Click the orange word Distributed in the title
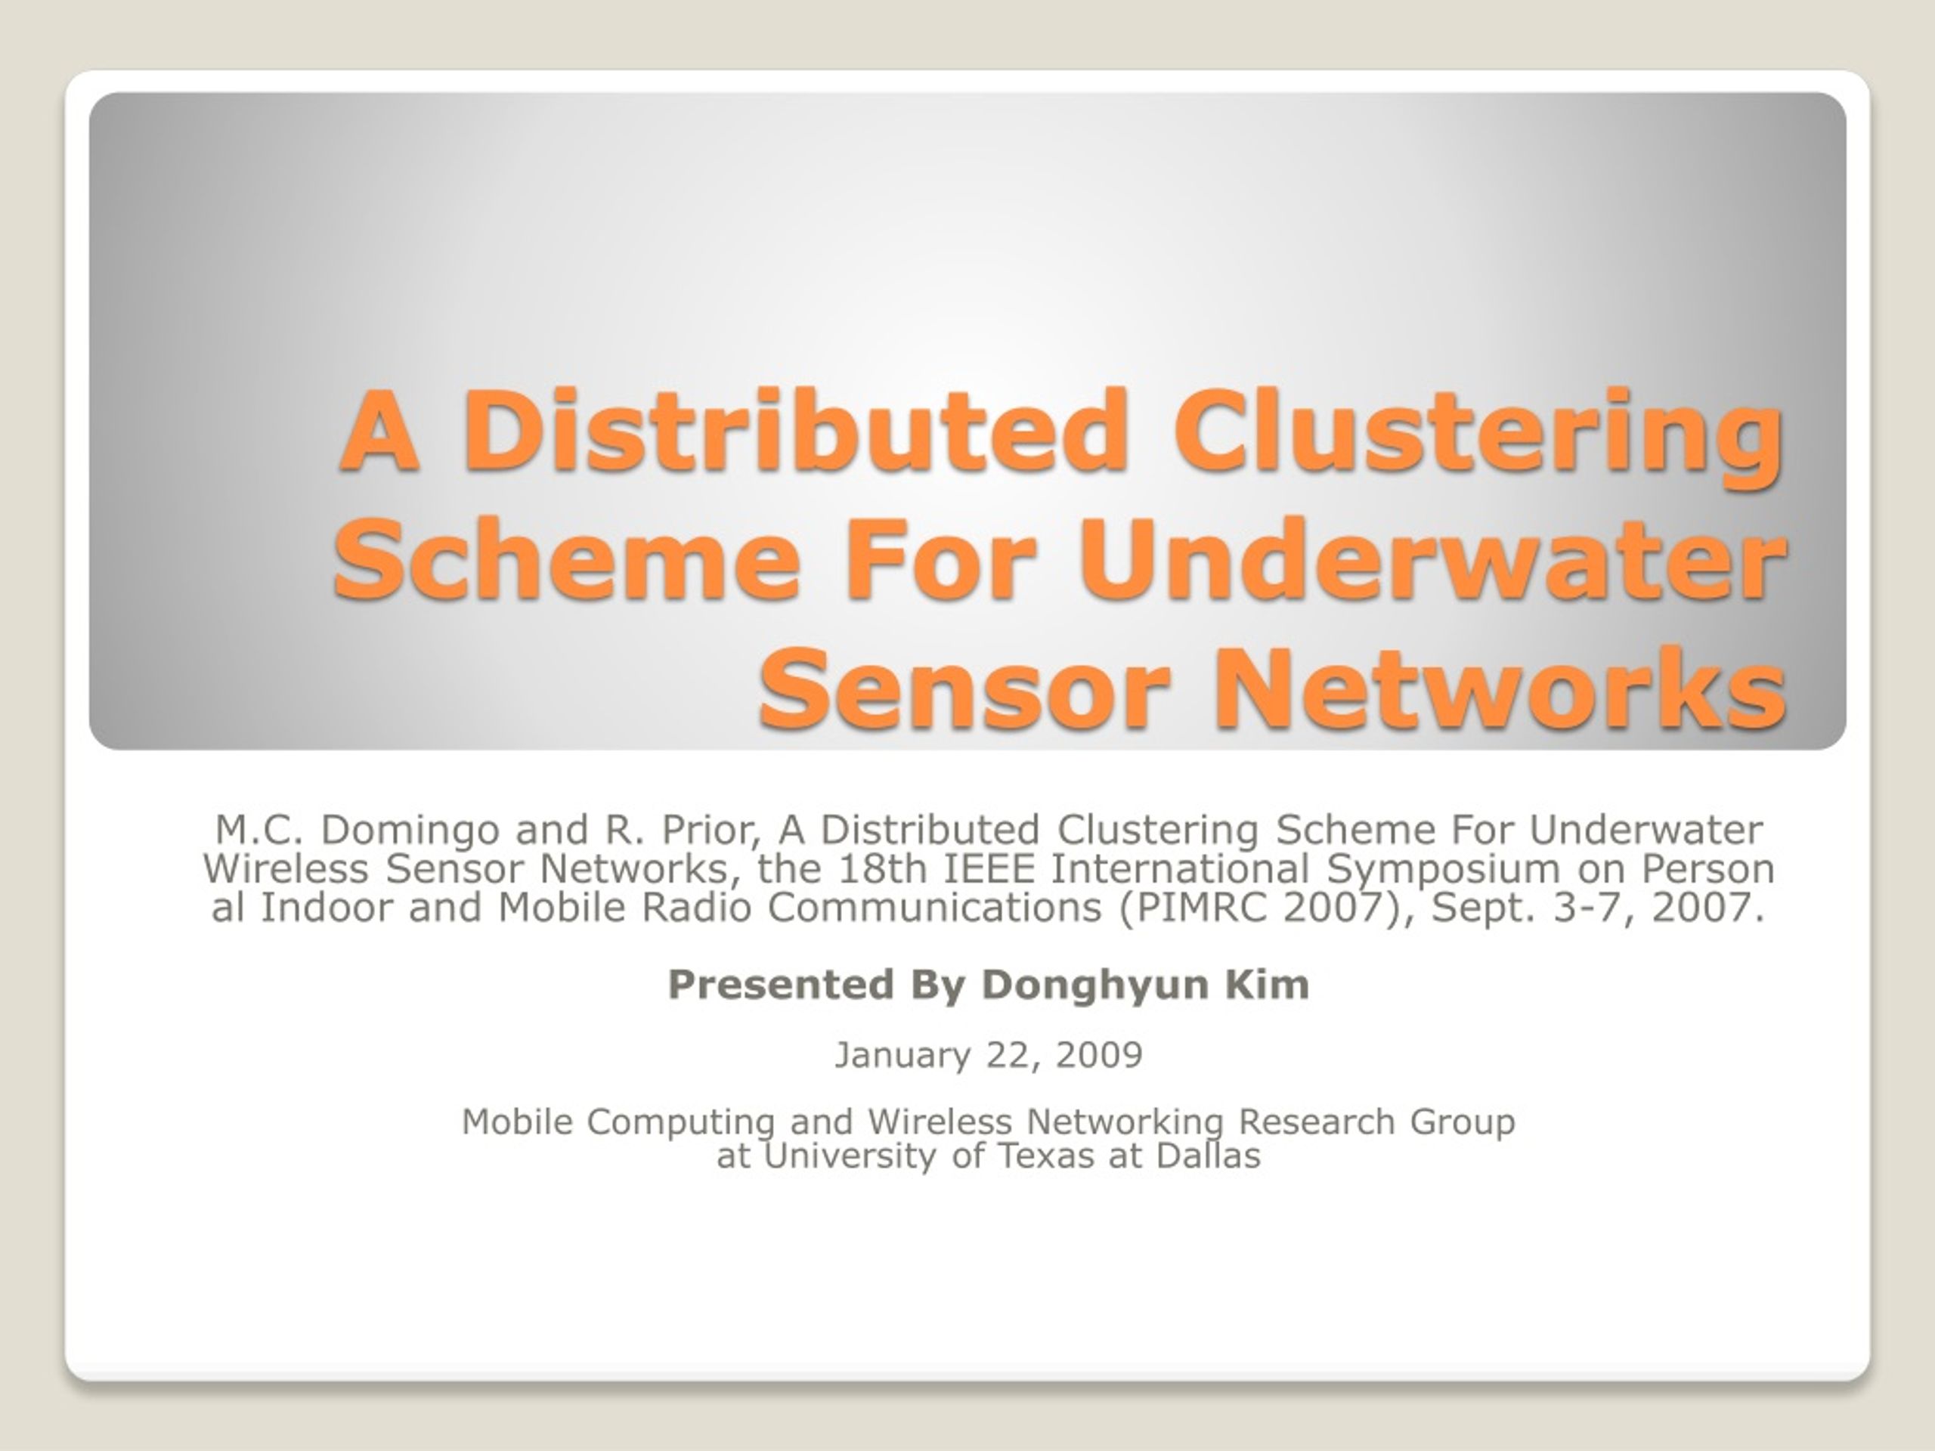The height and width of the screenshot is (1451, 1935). click(797, 430)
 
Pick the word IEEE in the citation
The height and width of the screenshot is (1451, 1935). click(991, 868)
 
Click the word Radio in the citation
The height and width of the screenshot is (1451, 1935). click(696, 907)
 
